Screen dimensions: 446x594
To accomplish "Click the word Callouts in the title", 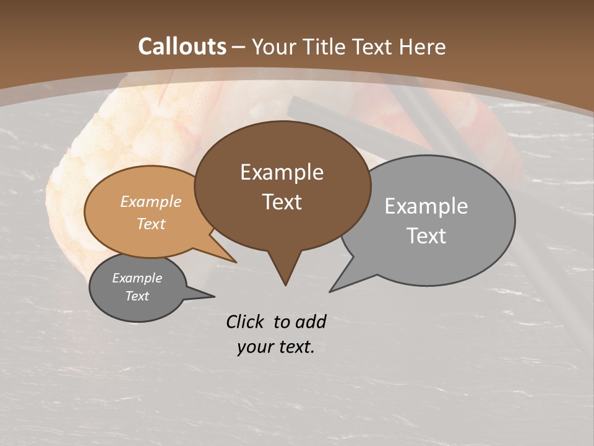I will [183, 46].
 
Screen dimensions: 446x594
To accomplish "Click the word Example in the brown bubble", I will [282, 172].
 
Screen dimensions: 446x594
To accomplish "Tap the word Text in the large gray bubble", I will [426, 236].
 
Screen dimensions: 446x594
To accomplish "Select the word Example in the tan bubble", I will [151, 202].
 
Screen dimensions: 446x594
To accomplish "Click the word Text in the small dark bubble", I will [137, 296].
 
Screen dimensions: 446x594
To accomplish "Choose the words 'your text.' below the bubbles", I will [276, 347].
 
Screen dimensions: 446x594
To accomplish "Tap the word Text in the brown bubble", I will [282, 202].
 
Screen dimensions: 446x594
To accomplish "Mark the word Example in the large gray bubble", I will [426, 206].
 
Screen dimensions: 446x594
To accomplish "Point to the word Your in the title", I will [273, 46].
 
